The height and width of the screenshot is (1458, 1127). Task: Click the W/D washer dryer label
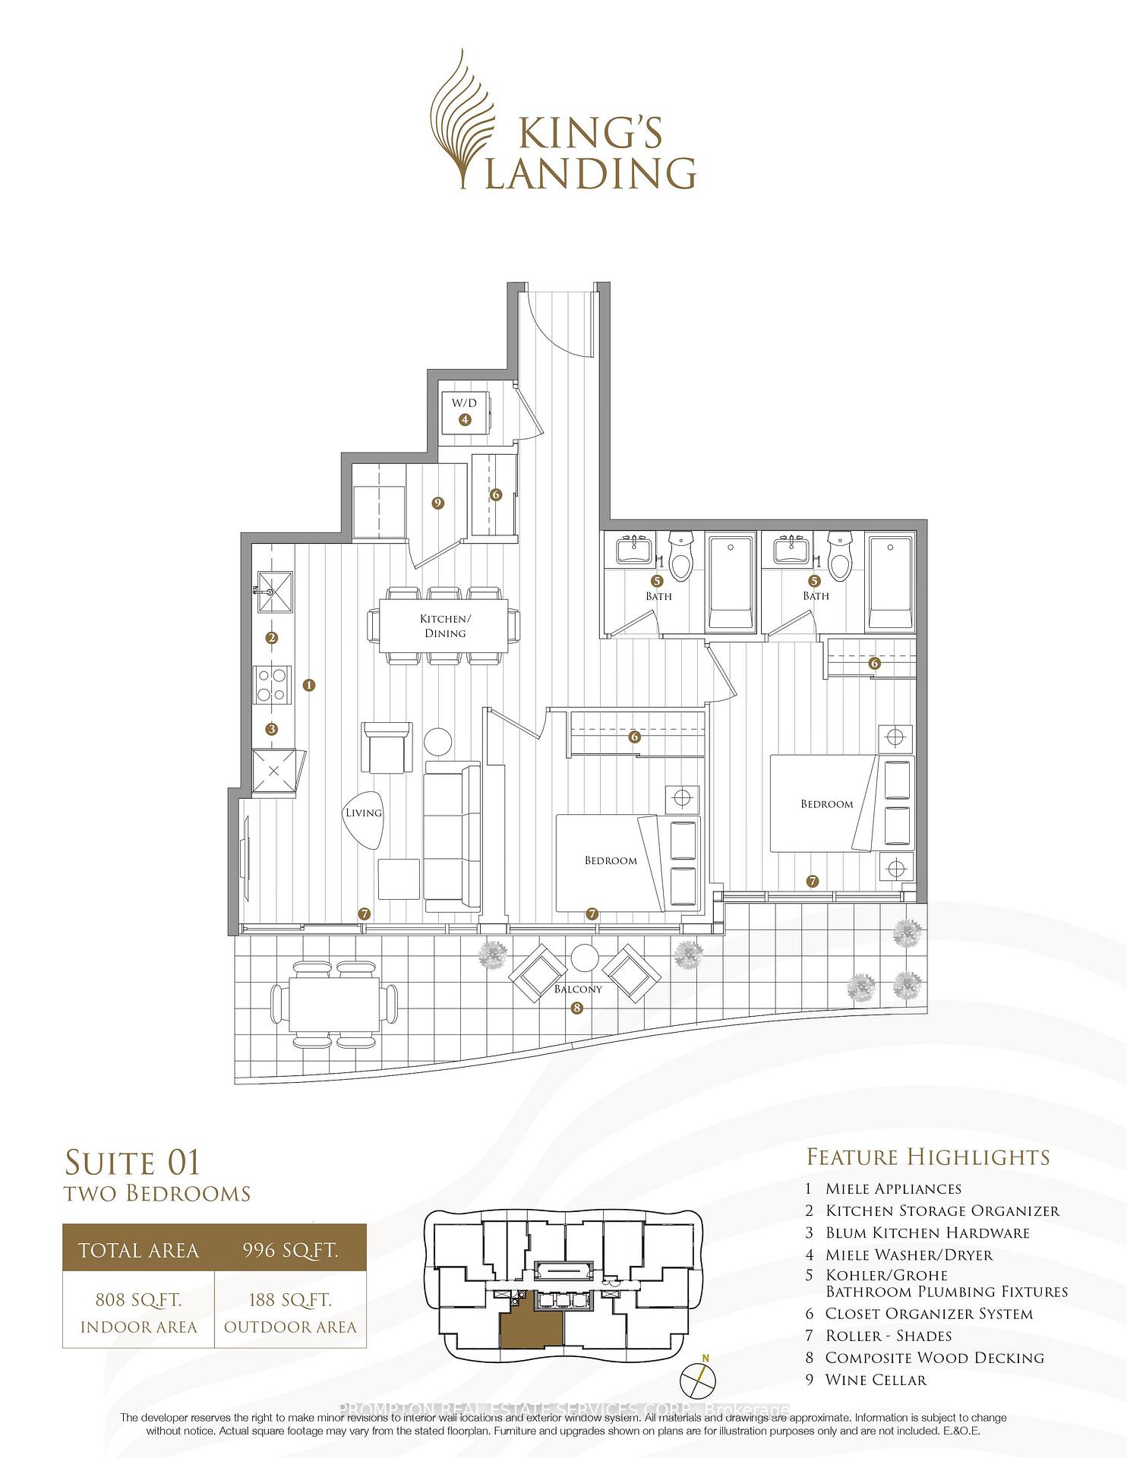[464, 403]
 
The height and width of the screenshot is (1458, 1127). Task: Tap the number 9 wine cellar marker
[437, 502]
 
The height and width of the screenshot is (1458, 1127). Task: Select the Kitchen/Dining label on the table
[445, 626]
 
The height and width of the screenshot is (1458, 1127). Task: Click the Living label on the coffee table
[363, 813]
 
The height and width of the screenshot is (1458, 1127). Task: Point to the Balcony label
[578, 989]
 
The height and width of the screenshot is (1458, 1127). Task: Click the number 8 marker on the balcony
[578, 1008]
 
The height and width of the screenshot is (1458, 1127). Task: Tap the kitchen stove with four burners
[273, 683]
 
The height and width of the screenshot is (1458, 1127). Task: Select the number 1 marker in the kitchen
[308, 685]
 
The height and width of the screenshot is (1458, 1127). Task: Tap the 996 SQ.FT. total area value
[291, 1250]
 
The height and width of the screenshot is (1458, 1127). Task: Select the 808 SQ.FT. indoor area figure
[138, 1300]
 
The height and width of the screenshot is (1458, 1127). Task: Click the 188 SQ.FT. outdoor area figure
[291, 1300]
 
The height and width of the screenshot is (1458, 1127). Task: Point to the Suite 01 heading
[133, 1163]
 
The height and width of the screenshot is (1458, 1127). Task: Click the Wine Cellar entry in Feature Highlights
[876, 1380]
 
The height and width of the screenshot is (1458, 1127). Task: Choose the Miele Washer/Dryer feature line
[909, 1255]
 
